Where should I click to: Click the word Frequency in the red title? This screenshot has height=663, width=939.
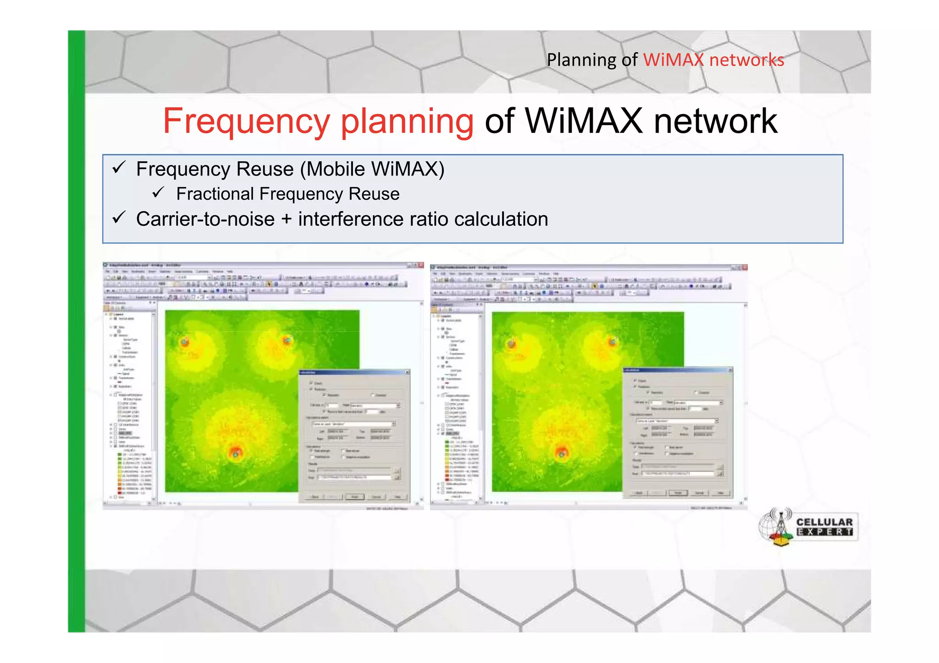tap(246, 121)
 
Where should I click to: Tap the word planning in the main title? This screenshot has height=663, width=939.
tap(407, 121)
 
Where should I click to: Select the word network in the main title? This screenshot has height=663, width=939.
tap(715, 121)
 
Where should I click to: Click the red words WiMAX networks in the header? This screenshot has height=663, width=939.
tap(713, 60)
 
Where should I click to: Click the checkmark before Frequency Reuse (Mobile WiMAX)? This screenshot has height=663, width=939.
tap(119, 168)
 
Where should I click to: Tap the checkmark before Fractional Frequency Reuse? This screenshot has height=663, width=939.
tap(158, 192)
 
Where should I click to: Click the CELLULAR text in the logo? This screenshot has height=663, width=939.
tap(824, 522)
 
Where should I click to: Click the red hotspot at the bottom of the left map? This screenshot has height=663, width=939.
tap(235, 453)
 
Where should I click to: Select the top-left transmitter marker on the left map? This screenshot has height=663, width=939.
tap(184, 341)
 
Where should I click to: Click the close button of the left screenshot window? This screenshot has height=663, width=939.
tap(420, 265)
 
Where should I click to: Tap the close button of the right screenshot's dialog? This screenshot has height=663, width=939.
tap(730, 370)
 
